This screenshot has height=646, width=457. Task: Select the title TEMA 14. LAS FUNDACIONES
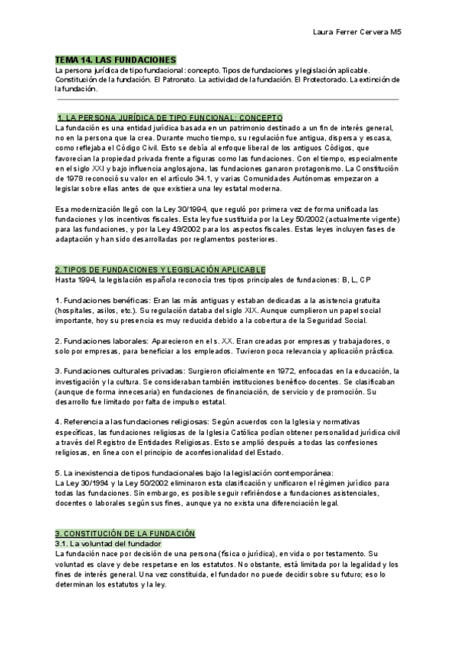click(x=116, y=59)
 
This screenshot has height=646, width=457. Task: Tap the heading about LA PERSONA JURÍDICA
click(x=170, y=118)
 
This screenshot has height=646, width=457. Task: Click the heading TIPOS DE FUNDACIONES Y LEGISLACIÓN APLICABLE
click(x=161, y=270)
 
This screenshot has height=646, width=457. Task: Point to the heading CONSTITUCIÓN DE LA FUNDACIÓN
click(x=125, y=533)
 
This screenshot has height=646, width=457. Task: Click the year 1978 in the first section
click(x=66, y=177)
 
